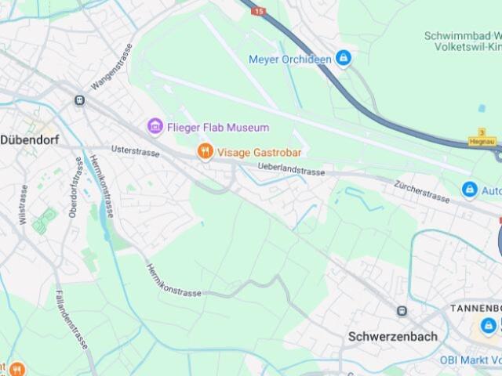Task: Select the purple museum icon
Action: pos(155,126)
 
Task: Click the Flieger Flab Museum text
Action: pos(217,127)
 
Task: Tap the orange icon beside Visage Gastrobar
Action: pos(205,151)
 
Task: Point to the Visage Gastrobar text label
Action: pos(260,152)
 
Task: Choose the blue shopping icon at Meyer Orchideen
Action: pos(343,58)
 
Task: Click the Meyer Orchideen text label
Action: pos(290,59)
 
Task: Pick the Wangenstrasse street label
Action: pos(113,67)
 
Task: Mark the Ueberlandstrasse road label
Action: pos(291,170)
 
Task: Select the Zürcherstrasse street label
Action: pos(423,192)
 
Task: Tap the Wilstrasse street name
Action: pos(24,204)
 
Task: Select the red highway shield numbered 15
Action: pos(259,12)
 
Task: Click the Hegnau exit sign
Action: pos(481,141)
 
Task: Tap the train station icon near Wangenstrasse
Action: pos(79,100)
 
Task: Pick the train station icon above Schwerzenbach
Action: pos(402,311)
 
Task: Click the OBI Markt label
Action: pos(470,360)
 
